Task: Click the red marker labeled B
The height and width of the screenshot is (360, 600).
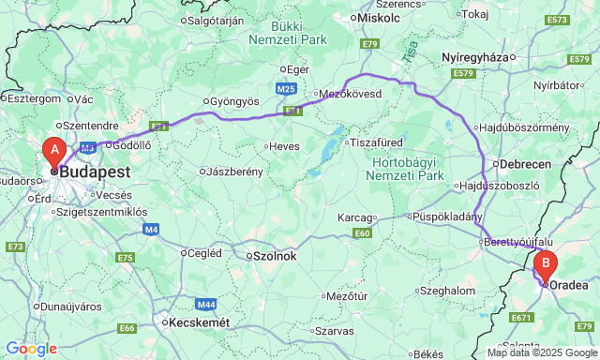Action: [546, 265]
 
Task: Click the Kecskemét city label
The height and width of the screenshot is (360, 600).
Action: [197, 322]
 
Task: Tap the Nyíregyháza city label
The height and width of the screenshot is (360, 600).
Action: [473, 57]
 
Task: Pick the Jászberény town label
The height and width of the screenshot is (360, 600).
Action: [236, 172]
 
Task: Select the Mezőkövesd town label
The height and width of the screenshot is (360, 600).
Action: [351, 95]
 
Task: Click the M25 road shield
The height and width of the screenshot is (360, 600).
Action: [287, 88]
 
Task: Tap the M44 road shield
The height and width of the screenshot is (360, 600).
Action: [206, 305]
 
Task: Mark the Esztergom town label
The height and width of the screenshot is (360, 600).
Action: [35, 97]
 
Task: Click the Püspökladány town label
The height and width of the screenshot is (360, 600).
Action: [448, 217]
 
